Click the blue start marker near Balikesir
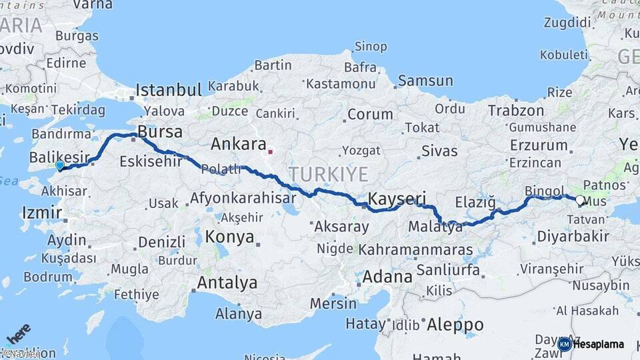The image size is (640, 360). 60,165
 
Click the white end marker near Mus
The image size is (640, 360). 579,200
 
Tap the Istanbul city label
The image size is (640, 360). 169,90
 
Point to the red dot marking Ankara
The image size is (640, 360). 270,152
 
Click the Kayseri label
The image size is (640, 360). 397,199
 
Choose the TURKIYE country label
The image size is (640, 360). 328,175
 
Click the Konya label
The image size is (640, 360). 229,237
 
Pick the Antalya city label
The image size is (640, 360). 227,283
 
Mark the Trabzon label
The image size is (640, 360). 516,111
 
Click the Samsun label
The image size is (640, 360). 425,81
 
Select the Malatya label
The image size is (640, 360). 435,227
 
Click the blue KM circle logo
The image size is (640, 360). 564,345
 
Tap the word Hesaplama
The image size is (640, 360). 599,345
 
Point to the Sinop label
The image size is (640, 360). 371,47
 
